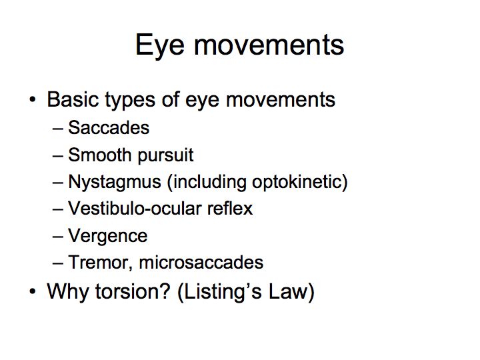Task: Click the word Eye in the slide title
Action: [160, 45]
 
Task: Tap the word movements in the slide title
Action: [269, 45]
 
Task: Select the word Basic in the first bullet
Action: [72, 99]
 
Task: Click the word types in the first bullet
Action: [130, 101]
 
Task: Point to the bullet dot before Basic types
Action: [33, 99]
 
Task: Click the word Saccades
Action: [109, 127]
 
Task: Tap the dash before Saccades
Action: [58, 129]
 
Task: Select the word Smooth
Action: [99, 155]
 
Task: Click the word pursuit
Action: [165, 156]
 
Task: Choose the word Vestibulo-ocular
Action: [135, 209]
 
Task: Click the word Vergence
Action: [108, 237]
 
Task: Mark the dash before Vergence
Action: [58, 237]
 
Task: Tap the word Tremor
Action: [100, 263]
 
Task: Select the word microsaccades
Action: [201, 263]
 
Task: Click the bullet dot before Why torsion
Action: [33, 291]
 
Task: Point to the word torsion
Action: [133, 291]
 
